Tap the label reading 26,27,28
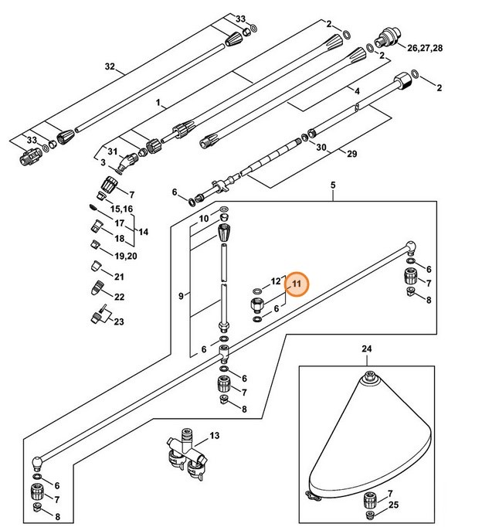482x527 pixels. tap(425, 49)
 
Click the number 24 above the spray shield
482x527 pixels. tap(366, 348)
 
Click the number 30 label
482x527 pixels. tap(321, 147)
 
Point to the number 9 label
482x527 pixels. tap(181, 294)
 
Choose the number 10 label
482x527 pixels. tap(204, 219)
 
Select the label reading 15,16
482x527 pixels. tap(122, 209)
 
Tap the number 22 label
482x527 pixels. tap(119, 297)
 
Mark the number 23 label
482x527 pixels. tap(118, 322)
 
